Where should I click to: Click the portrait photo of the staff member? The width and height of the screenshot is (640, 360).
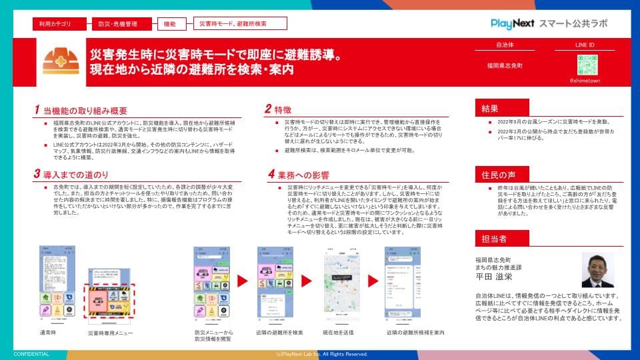coord(597,269)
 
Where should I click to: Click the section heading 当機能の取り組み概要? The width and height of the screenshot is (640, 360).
coord(85,110)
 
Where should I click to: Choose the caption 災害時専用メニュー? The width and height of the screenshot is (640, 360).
coord(111,333)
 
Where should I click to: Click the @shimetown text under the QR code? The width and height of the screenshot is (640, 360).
coord(585,80)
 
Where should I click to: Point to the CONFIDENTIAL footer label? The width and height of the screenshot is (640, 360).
coord(31,354)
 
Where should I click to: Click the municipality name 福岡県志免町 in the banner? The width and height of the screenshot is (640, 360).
coord(505,67)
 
